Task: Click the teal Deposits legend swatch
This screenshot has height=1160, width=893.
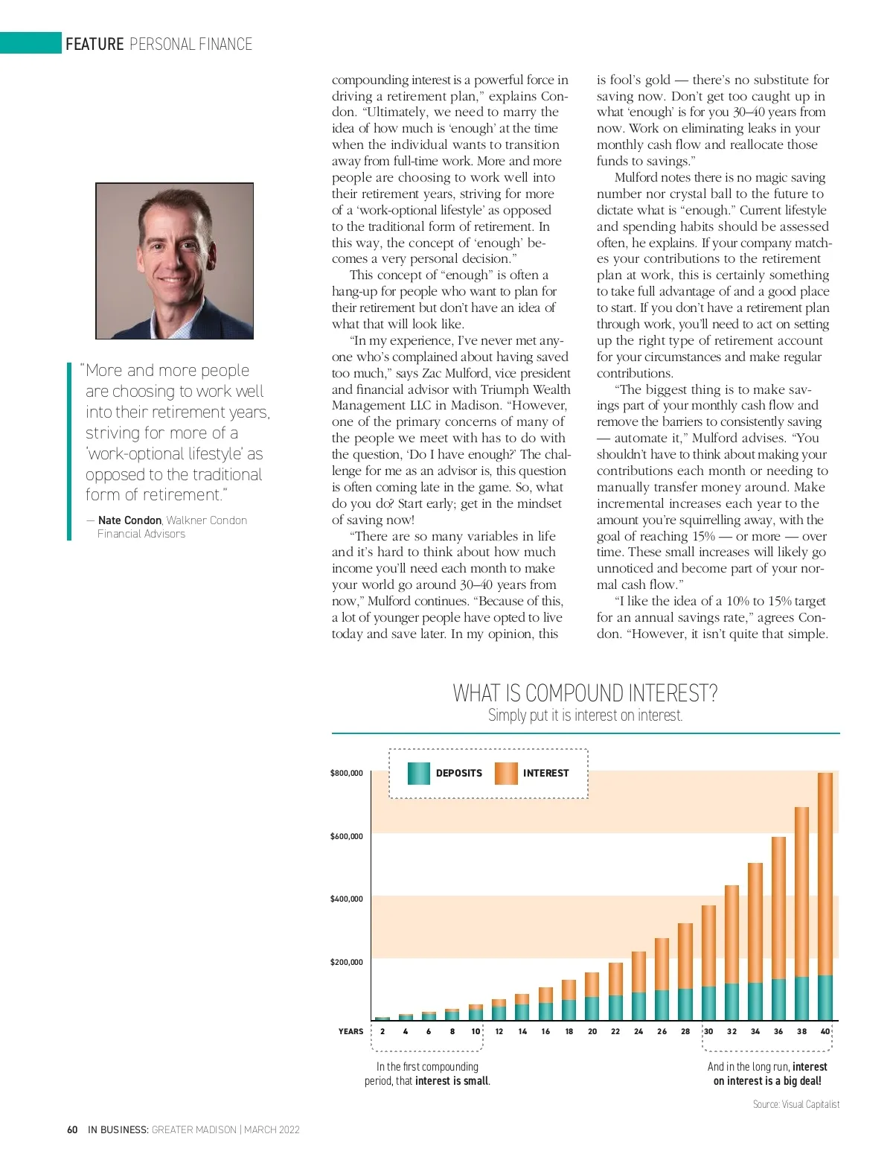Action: click(x=419, y=774)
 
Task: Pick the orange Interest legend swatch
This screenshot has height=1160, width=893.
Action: click(x=506, y=774)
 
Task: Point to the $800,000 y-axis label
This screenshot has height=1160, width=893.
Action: click(x=347, y=773)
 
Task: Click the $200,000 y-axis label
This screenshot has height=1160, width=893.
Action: click(x=347, y=962)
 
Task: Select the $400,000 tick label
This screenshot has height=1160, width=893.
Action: click(x=347, y=899)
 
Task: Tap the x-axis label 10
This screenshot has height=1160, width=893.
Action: click(x=476, y=1031)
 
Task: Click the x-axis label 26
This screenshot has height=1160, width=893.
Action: click(x=662, y=1031)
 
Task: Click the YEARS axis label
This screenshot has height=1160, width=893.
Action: click(x=351, y=1031)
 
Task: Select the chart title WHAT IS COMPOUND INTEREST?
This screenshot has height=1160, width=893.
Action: click(x=585, y=693)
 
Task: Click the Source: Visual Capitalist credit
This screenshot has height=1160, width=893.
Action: click(x=796, y=1104)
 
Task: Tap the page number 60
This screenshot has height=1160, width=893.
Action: click(x=72, y=1129)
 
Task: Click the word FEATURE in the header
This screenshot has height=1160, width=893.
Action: click(x=95, y=44)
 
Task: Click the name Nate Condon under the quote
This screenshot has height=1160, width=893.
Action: click(x=129, y=520)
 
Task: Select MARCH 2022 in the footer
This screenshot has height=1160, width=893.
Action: click(x=272, y=1129)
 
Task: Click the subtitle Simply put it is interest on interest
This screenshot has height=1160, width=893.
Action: click(x=585, y=716)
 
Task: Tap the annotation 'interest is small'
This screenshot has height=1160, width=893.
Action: click(x=452, y=1081)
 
